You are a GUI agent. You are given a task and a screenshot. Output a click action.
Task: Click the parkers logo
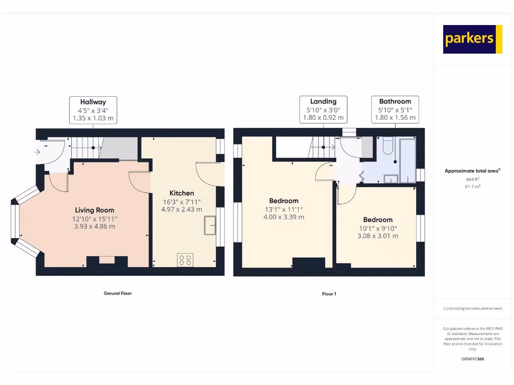coord(472,39)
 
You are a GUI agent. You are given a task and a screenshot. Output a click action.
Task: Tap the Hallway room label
coord(93,102)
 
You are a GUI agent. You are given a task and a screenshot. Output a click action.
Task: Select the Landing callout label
coord(323,101)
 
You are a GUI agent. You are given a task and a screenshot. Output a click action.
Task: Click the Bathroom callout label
coord(395,101)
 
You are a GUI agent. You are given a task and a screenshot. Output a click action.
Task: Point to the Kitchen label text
coord(182,193)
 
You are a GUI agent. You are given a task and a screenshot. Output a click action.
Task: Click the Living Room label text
coord(94,210)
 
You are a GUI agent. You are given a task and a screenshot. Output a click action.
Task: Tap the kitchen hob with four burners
coord(185,260)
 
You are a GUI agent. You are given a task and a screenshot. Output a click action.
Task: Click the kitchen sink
coord(209,225)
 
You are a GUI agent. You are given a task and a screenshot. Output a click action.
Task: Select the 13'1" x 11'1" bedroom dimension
coord(284,210)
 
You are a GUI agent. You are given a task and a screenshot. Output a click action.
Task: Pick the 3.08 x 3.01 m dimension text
coord(378,236)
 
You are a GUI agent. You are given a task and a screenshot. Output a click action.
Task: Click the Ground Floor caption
coord(117,293)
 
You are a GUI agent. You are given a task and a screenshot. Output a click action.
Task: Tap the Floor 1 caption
coord(329,294)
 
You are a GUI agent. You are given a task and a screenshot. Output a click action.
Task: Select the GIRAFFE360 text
coord(472,359)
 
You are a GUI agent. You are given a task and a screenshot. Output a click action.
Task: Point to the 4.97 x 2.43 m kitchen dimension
coord(182,210)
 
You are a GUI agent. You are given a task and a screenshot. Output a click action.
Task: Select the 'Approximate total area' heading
coord(472,171)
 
